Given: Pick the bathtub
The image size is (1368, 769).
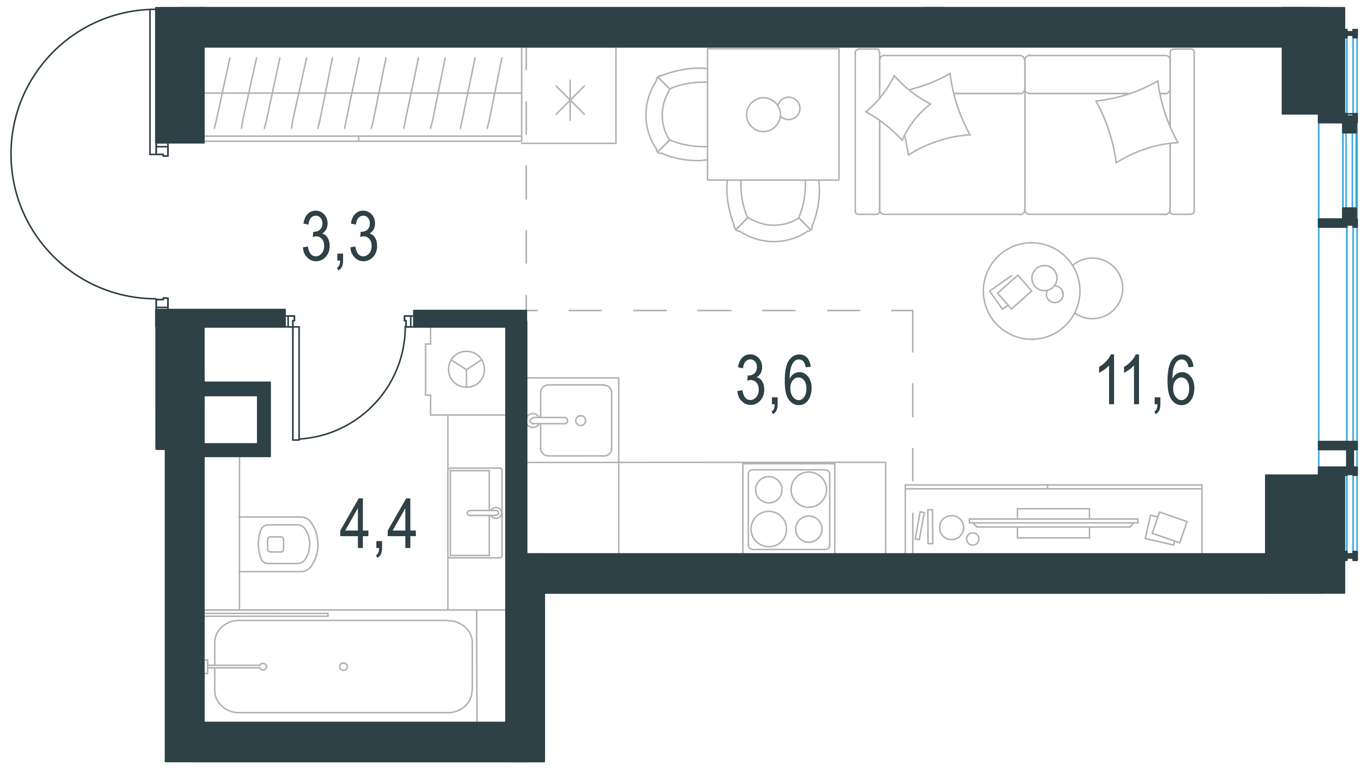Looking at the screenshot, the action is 343,666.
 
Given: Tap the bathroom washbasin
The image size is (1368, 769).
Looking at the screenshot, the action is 475,513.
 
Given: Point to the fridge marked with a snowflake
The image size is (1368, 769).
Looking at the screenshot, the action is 569,95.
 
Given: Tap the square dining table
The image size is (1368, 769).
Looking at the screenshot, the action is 773,114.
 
